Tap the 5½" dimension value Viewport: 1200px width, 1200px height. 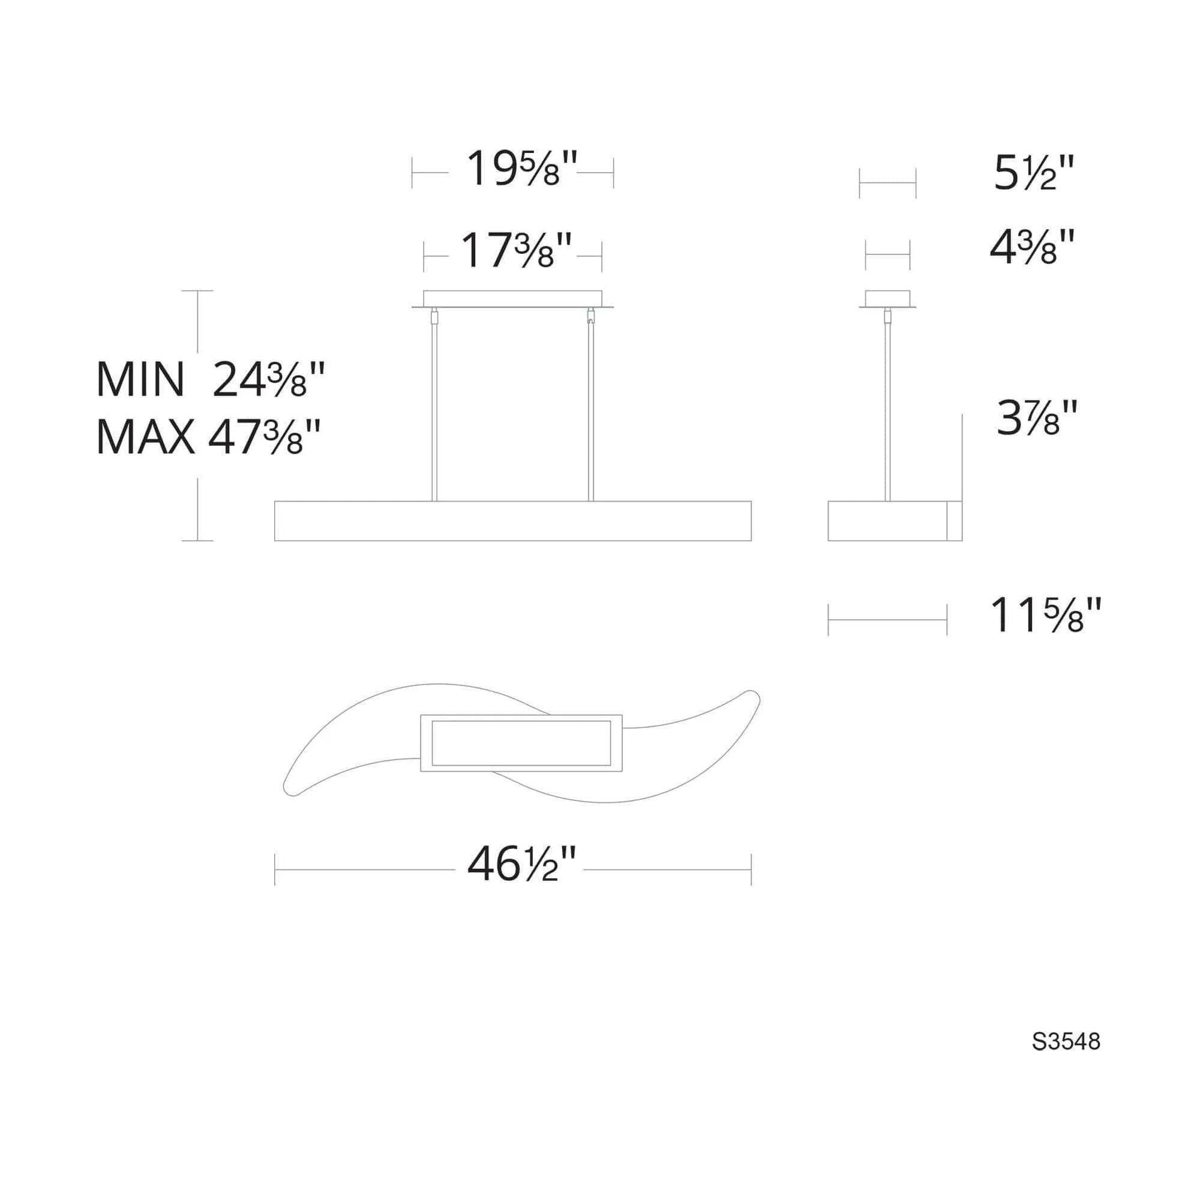1034,173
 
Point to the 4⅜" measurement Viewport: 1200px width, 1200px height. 1032,247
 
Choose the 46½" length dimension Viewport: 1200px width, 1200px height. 523,866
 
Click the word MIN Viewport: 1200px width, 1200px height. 140,380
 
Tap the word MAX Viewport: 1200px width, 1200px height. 145,437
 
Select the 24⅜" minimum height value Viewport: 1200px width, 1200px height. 269,380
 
